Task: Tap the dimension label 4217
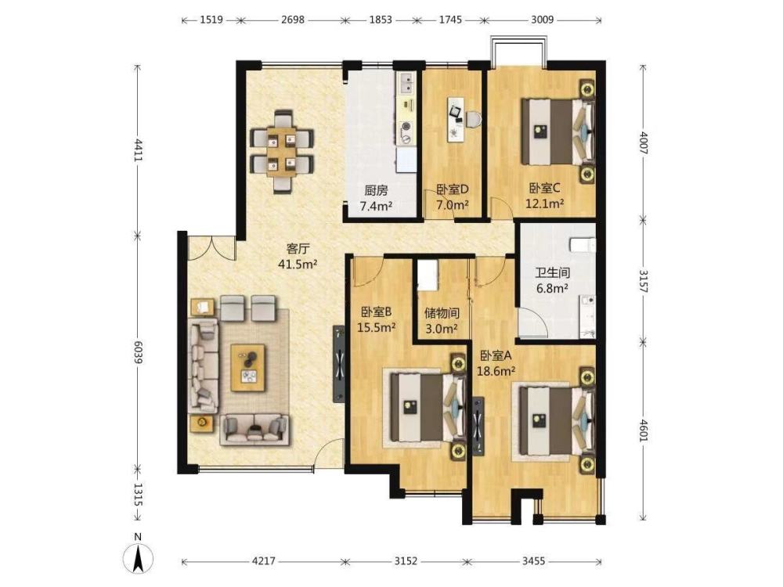263,561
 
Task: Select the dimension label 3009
543,20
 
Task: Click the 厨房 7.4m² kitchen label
376,198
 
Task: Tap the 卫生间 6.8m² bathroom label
552,280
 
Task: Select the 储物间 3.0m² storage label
442,320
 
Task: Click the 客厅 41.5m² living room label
298,256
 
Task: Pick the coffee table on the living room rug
247,367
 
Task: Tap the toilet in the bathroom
583,245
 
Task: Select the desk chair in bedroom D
474,119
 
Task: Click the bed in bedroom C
557,131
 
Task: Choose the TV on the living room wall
339,363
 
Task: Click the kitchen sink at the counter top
405,83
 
